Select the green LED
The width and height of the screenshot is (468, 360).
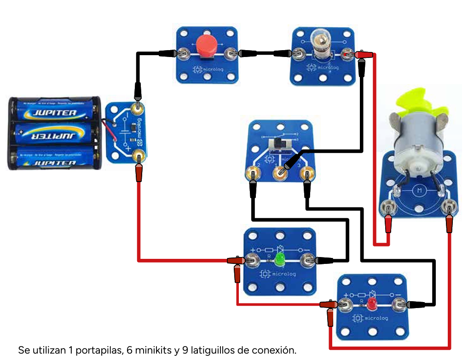click(279, 260)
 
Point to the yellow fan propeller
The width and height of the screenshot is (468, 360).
click(418, 103)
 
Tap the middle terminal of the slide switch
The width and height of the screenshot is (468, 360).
click(280, 173)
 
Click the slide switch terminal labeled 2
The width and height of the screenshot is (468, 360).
click(253, 174)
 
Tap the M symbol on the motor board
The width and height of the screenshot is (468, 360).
click(419, 189)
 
